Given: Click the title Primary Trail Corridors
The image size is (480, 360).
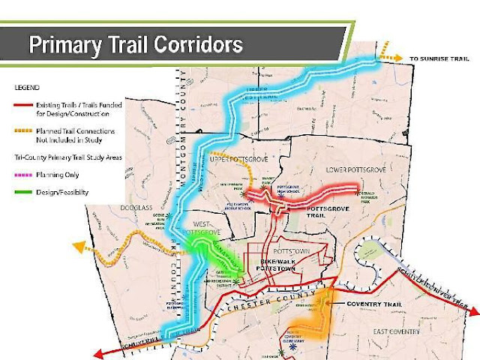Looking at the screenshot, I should point(135,44).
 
